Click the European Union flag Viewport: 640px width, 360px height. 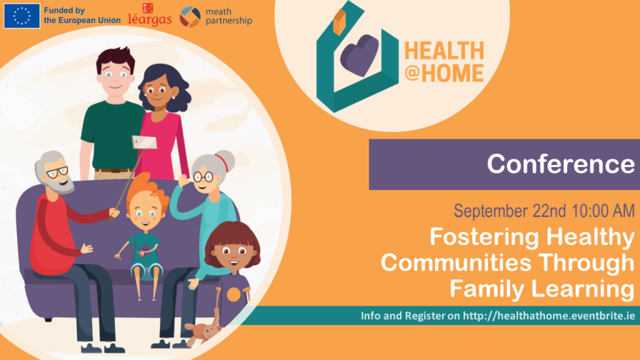22,16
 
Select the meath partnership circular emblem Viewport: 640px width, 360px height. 190,17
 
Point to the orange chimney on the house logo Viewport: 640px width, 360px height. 339,22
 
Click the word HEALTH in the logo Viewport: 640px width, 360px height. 444,51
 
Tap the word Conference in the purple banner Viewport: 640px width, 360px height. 561,164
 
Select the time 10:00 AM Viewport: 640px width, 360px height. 603,211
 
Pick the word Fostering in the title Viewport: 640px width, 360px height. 484,237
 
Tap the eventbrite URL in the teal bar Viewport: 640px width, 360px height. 549,316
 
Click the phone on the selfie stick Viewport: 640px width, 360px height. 144,142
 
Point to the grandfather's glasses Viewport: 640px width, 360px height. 57,172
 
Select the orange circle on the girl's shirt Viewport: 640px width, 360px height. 234,295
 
